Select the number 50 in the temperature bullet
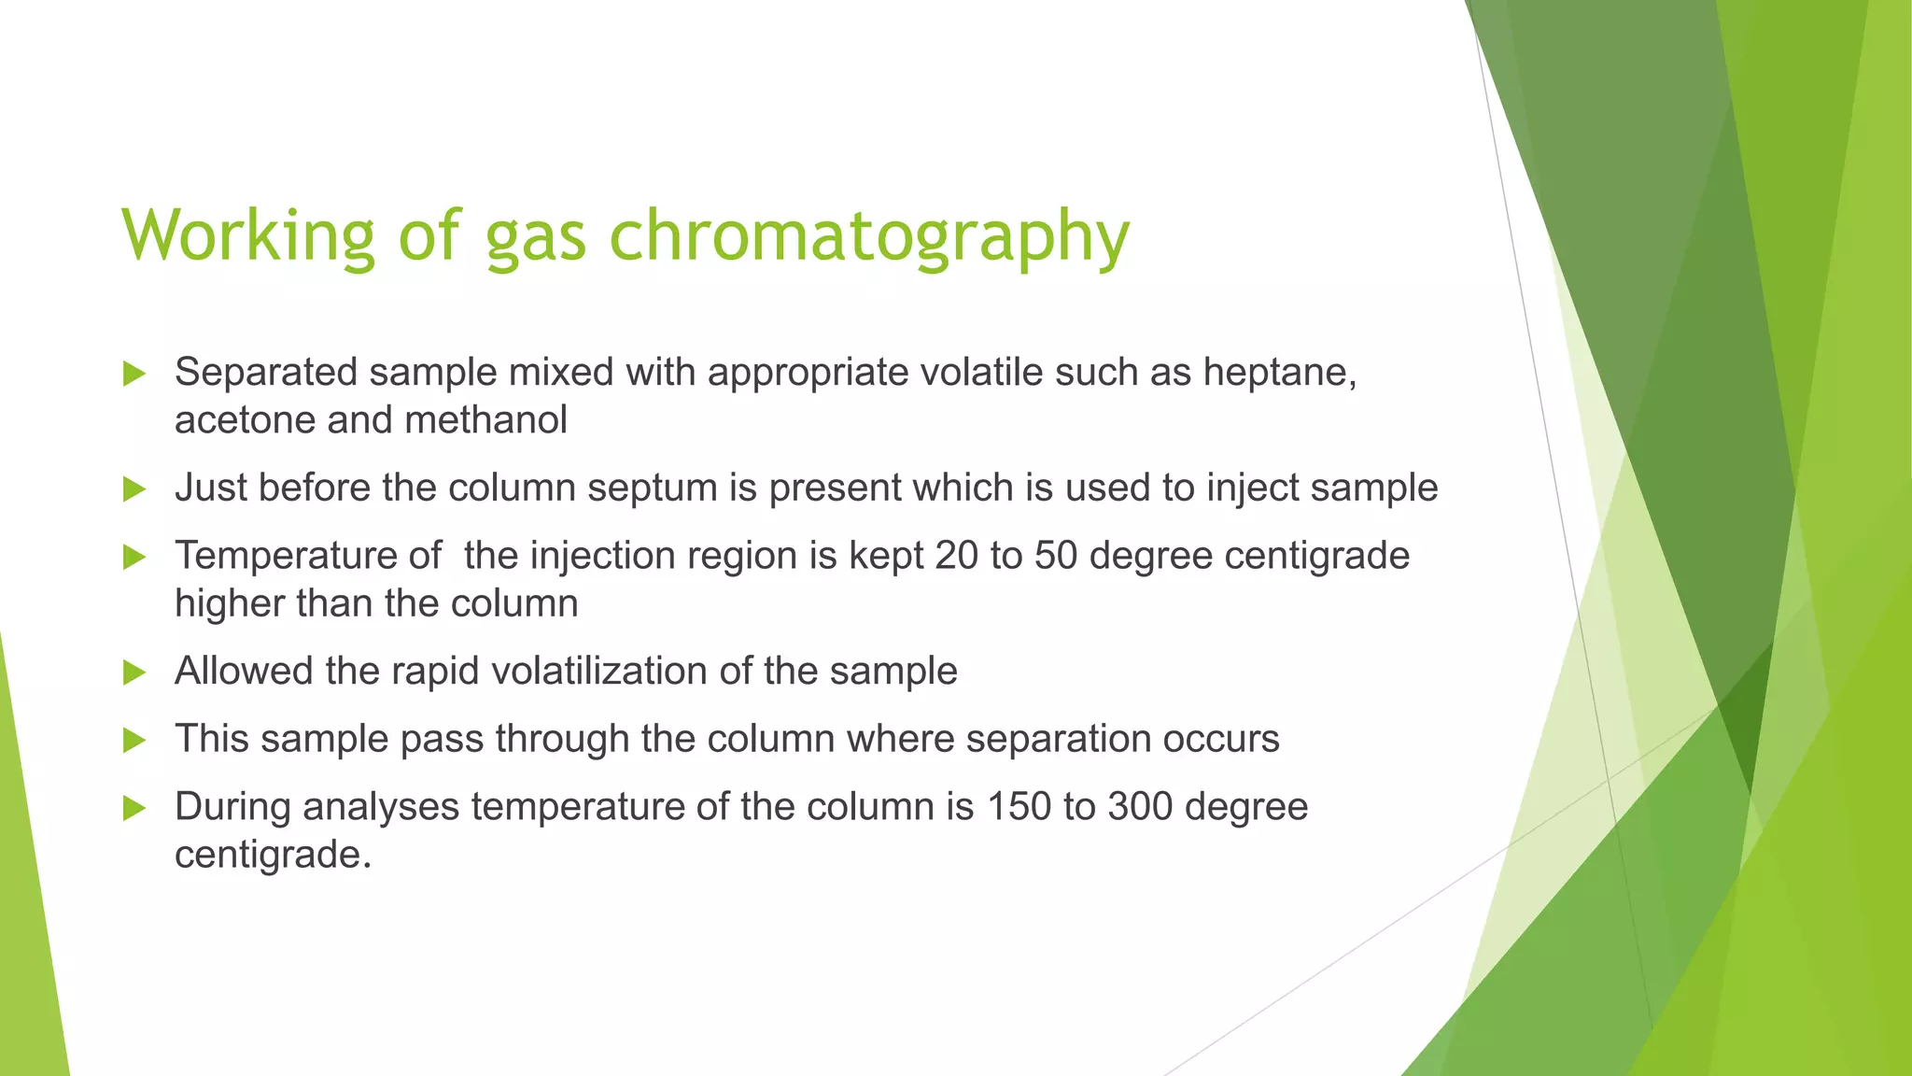click(x=1056, y=556)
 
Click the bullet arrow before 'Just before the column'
click(x=134, y=488)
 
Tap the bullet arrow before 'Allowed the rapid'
click(x=134, y=672)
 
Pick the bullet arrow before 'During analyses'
click(x=134, y=808)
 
